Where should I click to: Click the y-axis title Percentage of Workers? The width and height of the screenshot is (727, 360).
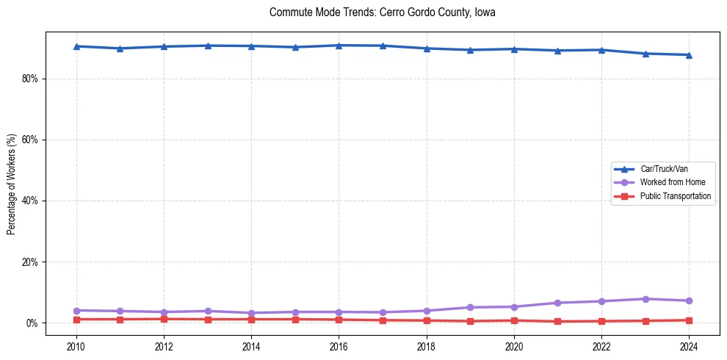pyautogui.click(x=11, y=184)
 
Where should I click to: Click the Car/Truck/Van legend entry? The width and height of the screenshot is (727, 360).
pyautogui.click(x=664, y=169)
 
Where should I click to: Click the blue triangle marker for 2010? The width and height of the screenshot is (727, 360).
pyautogui.click(x=76, y=46)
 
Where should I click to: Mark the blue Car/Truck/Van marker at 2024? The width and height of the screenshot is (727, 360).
pyautogui.click(x=689, y=55)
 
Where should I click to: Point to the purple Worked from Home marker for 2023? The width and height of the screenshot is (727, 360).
pyautogui.click(x=645, y=299)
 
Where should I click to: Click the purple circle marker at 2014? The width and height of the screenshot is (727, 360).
pyautogui.click(x=251, y=313)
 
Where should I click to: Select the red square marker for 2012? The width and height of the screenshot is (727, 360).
pyautogui.click(x=164, y=319)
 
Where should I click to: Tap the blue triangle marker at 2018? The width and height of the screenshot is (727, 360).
pyautogui.click(x=427, y=48)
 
